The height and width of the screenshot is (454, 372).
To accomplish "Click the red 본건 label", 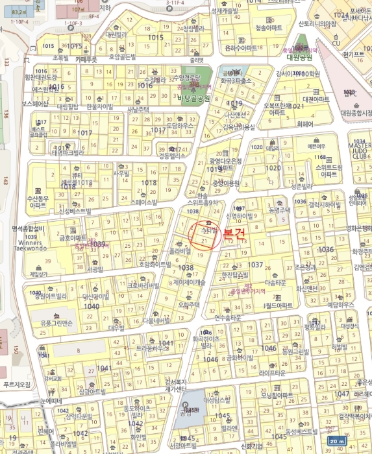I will coord(234,235).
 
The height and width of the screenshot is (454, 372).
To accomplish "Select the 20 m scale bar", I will coord(336,441).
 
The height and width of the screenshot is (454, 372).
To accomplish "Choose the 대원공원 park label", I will coord(299,57).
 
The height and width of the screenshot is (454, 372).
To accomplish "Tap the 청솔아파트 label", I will coord(269,29).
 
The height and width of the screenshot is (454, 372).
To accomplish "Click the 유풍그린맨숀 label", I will coord(56,322).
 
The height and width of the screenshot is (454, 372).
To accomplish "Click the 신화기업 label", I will coord(251,446).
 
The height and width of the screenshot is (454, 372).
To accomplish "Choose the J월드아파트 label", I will coord(280,305).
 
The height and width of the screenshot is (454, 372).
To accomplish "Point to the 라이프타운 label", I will coord(272,373).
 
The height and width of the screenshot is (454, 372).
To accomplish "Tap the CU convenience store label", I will coord(336,43).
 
